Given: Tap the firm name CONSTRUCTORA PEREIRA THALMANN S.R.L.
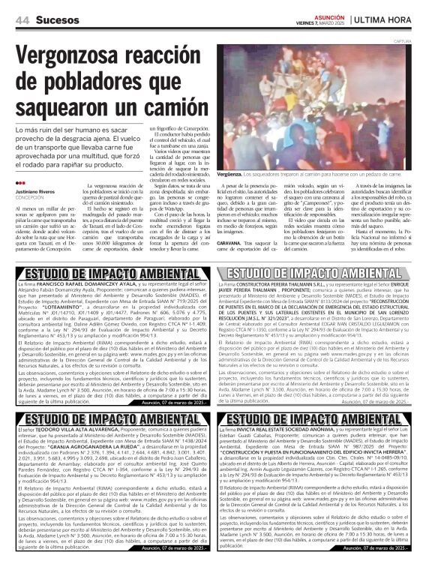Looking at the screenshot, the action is coord(280,285).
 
